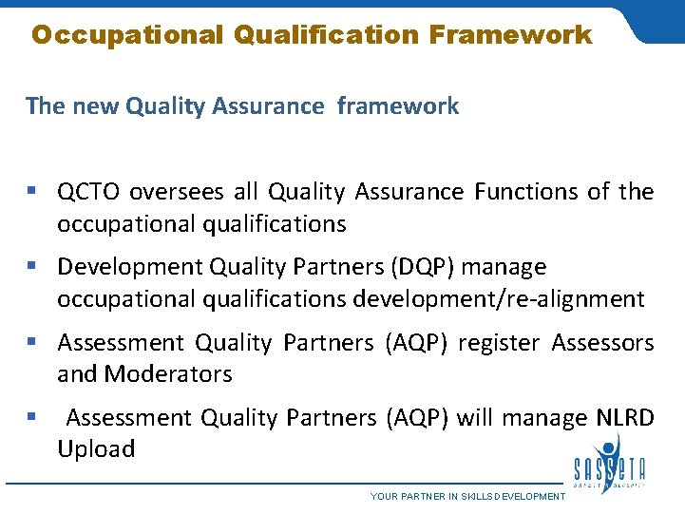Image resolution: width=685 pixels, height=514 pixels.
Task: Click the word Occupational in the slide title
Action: (125, 36)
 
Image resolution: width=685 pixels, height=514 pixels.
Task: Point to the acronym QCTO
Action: (89, 193)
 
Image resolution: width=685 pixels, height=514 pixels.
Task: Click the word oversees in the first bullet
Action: (178, 193)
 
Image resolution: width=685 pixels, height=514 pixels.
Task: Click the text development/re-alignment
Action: (498, 299)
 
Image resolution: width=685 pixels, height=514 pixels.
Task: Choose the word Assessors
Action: (603, 343)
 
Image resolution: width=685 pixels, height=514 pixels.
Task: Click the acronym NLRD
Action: (625, 418)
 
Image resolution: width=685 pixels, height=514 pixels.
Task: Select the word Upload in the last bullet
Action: (96, 449)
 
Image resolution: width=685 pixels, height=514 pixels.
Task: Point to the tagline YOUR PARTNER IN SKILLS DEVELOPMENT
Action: (467, 497)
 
